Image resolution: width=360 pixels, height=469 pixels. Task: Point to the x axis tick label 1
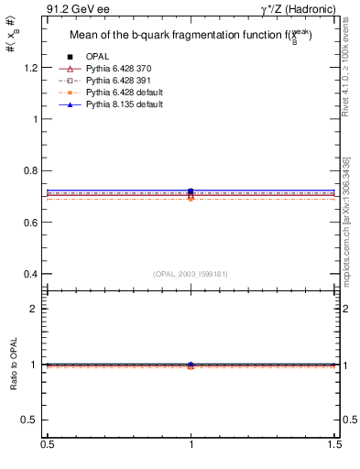pos(191,443)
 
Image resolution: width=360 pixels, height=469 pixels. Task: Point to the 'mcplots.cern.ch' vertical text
pos(348,229)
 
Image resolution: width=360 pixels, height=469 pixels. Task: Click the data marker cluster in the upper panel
pos(191,193)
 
